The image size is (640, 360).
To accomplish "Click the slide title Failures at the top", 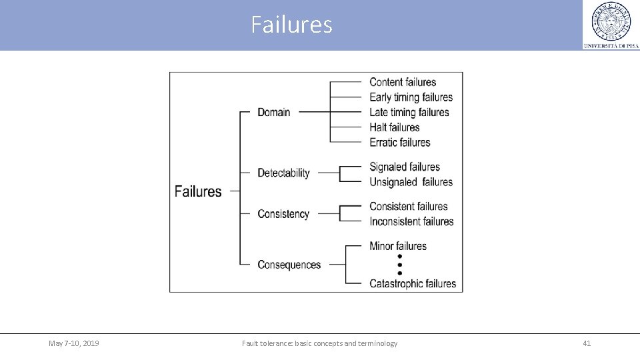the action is click(x=291, y=25).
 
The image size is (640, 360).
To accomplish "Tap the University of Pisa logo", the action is click(x=611, y=25).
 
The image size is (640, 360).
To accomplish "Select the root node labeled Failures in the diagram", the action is click(x=198, y=191).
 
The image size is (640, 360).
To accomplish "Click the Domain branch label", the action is click(x=274, y=112).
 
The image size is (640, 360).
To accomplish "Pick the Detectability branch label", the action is click(x=283, y=173).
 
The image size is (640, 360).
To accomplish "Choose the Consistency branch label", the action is click(x=283, y=214).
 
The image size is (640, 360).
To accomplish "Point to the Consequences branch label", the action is click(x=289, y=265).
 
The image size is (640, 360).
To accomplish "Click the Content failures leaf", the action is click(x=403, y=82).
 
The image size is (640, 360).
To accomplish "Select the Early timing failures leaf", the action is click(x=411, y=97).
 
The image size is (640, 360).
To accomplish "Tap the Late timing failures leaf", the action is click(x=409, y=112).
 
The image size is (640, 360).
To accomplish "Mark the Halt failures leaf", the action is click(x=395, y=127).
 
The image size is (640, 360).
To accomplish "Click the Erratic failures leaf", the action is click(x=400, y=142).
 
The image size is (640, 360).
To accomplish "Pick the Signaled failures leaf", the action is click(x=405, y=167).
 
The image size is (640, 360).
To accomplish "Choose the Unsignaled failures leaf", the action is click(x=411, y=182).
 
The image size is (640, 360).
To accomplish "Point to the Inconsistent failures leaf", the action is click(x=411, y=221).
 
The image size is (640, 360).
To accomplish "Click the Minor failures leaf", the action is click(x=398, y=246).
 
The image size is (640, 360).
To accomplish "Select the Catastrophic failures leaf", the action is click(x=413, y=283).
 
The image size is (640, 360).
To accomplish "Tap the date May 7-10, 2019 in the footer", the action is click(x=74, y=343).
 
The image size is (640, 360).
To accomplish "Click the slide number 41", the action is click(x=587, y=343).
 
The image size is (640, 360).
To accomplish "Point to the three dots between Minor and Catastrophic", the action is click(x=399, y=265).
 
